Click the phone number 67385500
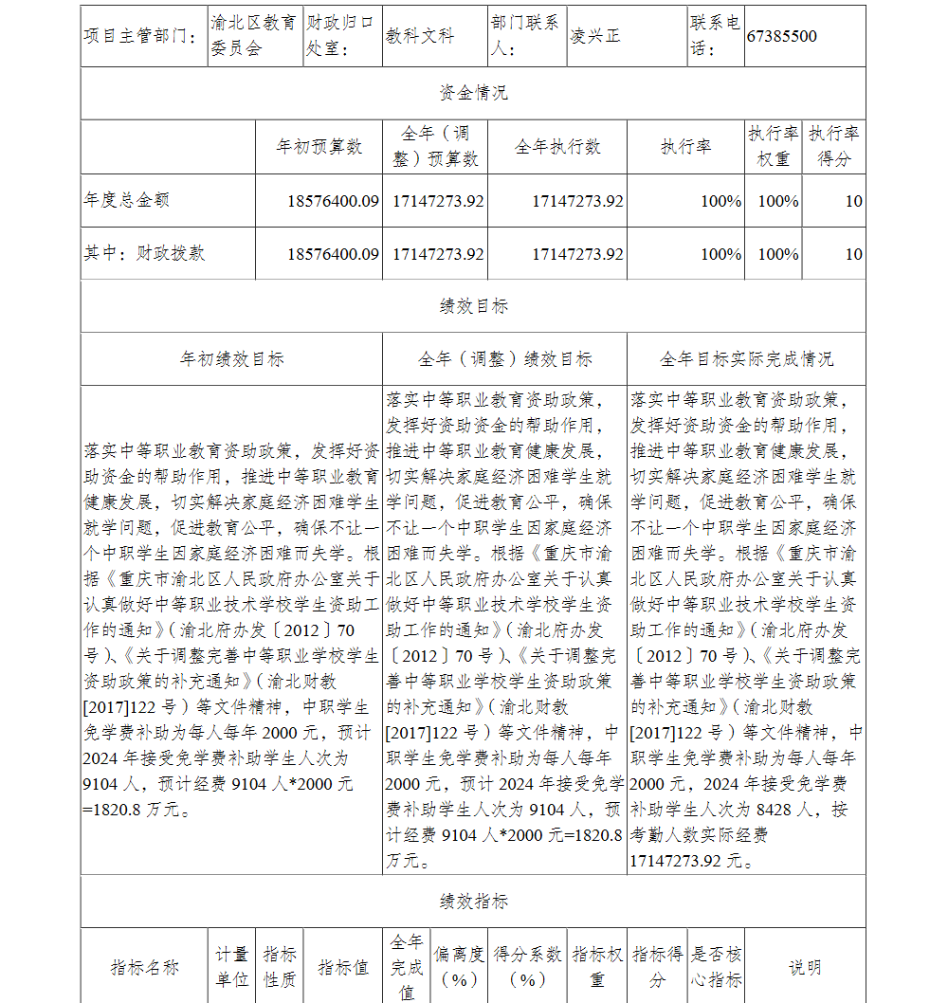[x=781, y=36]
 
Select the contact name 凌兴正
[x=595, y=36]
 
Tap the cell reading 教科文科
[x=420, y=36]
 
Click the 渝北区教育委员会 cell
[x=253, y=35]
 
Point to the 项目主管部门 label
[x=141, y=36]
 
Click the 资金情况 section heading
[x=473, y=93]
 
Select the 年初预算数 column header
[x=319, y=147]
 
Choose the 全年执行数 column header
[x=557, y=147]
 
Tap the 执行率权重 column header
[x=773, y=146]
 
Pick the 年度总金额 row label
[x=127, y=200]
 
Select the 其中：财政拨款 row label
[x=144, y=253]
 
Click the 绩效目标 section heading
[x=473, y=306]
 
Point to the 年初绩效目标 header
[x=231, y=359]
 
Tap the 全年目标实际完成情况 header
[x=746, y=359]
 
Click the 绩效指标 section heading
[x=473, y=902]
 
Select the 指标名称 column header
[x=144, y=967]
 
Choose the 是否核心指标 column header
[x=717, y=967]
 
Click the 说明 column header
[x=805, y=967]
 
